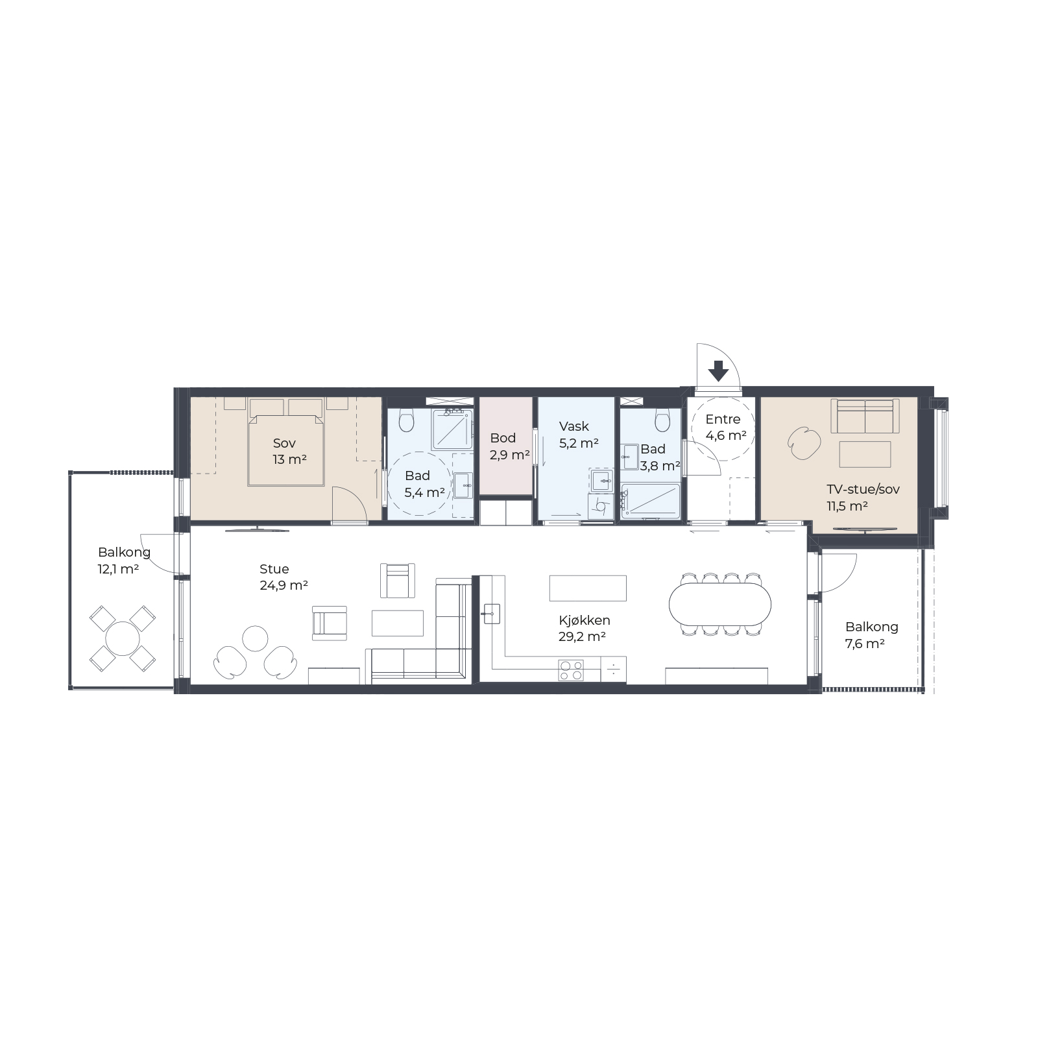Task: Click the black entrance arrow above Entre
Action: click(x=718, y=371)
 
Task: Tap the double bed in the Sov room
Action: click(x=285, y=442)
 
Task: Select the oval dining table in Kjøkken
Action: click(x=720, y=603)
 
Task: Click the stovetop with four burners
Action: click(x=571, y=670)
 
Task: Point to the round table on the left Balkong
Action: click(x=123, y=638)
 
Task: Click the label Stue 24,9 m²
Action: click(x=284, y=577)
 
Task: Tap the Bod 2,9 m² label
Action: click(x=509, y=446)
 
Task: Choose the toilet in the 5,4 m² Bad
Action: click(x=407, y=420)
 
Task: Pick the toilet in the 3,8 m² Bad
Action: click(x=662, y=420)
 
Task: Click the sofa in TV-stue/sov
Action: click(x=865, y=416)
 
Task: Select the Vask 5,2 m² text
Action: click(x=578, y=435)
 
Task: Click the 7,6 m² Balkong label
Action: click(x=871, y=635)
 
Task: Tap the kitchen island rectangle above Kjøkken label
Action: click(x=588, y=588)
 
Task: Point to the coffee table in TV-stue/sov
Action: click(x=865, y=454)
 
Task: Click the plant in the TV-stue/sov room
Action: click(x=804, y=444)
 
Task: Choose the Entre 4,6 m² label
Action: click(x=725, y=427)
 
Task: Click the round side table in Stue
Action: click(x=255, y=638)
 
